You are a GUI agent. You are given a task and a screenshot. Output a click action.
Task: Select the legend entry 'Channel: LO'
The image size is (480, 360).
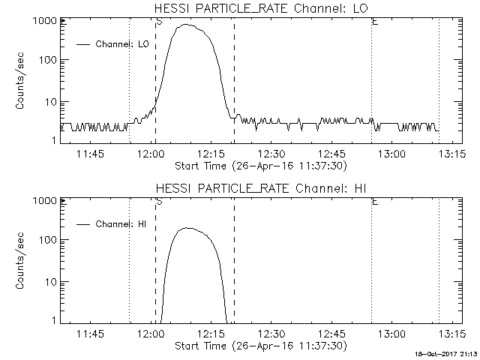click(x=124, y=44)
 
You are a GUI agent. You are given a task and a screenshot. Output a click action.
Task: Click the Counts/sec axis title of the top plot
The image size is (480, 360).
click(x=22, y=81)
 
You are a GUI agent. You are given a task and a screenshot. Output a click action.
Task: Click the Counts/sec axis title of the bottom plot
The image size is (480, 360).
click(x=22, y=261)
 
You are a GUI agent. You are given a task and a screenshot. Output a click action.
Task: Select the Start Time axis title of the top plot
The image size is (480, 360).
click(x=259, y=165)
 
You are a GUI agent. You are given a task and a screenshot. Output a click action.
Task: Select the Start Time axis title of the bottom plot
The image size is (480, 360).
click(x=259, y=345)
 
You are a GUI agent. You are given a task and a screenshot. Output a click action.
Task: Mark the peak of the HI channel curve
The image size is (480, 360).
click(x=187, y=228)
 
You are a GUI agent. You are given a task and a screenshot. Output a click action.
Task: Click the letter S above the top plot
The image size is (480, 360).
click(x=158, y=21)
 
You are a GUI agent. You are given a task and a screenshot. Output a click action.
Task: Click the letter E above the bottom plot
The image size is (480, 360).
click(x=374, y=201)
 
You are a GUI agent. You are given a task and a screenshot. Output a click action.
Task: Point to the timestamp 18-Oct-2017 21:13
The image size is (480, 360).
click(x=448, y=352)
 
